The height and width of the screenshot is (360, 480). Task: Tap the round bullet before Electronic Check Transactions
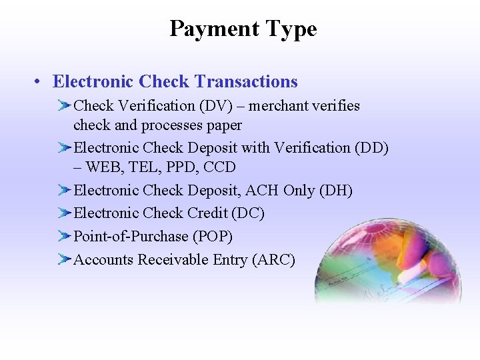point(41,82)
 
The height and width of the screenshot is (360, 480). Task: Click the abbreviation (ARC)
point(273,260)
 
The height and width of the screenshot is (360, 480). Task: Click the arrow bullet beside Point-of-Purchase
point(64,237)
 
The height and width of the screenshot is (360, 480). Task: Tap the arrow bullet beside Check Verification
point(64,105)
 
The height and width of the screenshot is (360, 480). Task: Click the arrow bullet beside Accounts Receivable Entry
point(64,260)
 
